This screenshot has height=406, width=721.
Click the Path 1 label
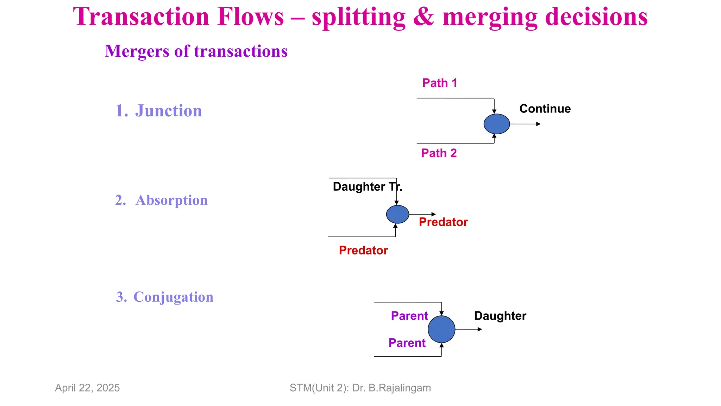(x=440, y=83)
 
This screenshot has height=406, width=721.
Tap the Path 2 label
(x=439, y=153)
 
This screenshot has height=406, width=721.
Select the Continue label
(x=545, y=109)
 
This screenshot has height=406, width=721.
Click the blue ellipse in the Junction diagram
(x=497, y=124)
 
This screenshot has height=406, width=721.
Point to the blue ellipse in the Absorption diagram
(x=397, y=214)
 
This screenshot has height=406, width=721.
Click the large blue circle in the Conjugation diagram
(x=441, y=329)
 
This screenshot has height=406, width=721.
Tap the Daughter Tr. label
(x=367, y=186)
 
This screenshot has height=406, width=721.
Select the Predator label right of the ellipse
(x=443, y=222)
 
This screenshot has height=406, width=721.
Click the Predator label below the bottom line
(x=363, y=250)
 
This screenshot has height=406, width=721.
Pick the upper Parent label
(x=409, y=316)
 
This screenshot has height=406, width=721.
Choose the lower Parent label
(x=407, y=343)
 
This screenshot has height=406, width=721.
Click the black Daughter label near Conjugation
(x=500, y=316)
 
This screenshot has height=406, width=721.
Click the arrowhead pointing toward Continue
(x=538, y=124)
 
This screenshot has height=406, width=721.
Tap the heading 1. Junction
(x=159, y=111)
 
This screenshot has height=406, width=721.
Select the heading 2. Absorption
(x=162, y=200)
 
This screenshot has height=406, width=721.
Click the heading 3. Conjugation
(x=165, y=297)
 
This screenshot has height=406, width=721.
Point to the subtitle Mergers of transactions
(x=196, y=51)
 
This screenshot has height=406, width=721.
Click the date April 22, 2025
(x=87, y=388)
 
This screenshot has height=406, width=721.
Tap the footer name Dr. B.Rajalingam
(x=391, y=388)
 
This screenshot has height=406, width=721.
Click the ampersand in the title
(x=424, y=17)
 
